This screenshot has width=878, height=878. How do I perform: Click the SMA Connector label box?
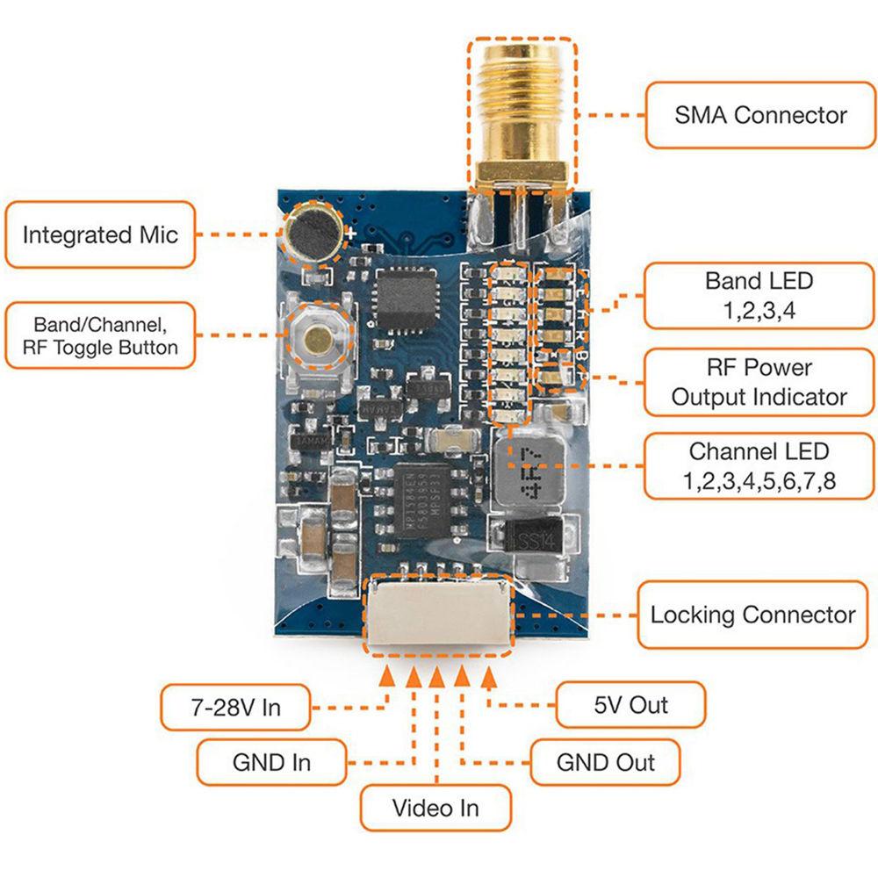coord(760,115)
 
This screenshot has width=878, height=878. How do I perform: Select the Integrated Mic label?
coord(99,234)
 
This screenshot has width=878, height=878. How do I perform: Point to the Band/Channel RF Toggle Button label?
coord(99,335)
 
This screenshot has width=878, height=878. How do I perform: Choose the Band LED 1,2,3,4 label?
coord(759,296)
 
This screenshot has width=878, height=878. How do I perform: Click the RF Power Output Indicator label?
coord(759,382)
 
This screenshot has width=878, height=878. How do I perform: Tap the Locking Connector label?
coord(752,615)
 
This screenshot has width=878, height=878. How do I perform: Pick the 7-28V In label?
coord(235,707)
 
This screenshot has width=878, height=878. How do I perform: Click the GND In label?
coord(271,762)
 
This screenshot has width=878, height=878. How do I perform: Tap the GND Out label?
coord(606,762)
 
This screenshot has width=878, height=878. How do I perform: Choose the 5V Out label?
coord(630,705)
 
